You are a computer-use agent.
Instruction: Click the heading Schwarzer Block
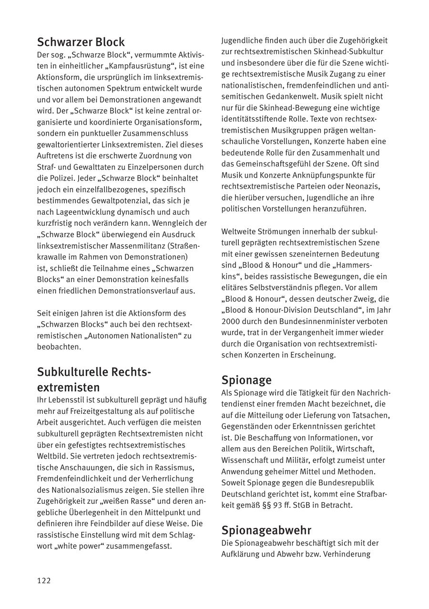81,42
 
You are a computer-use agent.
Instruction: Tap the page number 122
44,580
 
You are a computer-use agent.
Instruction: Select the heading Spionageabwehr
266,530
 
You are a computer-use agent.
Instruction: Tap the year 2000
231,321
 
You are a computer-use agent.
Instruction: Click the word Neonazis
363,186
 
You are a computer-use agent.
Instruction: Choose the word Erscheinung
312,355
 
